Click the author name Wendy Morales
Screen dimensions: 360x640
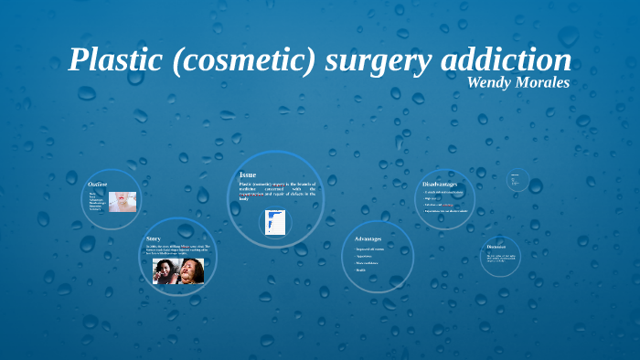pos(518,82)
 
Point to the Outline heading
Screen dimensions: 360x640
pos(98,184)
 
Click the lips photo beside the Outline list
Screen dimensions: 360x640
pos(123,200)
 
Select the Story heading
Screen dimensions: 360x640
pos(154,238)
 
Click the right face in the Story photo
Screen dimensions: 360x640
pos(192,270)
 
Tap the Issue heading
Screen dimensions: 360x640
pos(248,175)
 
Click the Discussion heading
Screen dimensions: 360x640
pos(496,247)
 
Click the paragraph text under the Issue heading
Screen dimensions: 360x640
pos(277,189)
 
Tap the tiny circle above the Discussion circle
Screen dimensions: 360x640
pos(517,179)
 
